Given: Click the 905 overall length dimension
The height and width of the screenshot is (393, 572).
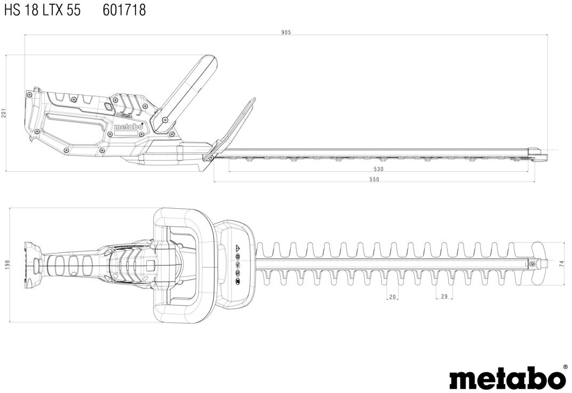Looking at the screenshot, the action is (x=286, y=32).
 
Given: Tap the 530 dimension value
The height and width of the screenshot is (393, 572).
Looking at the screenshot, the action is (x=378, y=169).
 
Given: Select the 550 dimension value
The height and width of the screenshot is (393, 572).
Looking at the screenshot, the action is (x=375, y=179).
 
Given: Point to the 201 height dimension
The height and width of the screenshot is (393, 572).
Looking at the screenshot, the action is (x=4, y=113).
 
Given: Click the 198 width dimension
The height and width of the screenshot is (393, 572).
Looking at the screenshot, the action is (x=7, y=265).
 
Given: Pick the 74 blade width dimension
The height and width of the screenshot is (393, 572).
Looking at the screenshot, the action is (x=561, y=264).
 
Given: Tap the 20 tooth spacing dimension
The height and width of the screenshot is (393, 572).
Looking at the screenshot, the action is (x=393, y=297).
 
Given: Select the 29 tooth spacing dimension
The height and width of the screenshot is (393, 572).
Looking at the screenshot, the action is (x=444, y=297).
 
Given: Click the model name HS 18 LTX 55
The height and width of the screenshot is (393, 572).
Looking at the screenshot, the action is (x=43, y=10).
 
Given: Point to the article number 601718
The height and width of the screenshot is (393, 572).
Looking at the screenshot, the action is (x=124, y=10).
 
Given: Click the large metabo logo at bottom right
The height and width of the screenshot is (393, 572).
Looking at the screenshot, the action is (x=507, y=378).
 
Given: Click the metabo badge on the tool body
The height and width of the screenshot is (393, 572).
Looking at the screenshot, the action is (x=129, y=127).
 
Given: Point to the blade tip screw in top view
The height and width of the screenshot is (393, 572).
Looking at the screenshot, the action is (x=532, y=264).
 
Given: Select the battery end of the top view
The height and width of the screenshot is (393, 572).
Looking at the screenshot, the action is (x=34, y=265).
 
